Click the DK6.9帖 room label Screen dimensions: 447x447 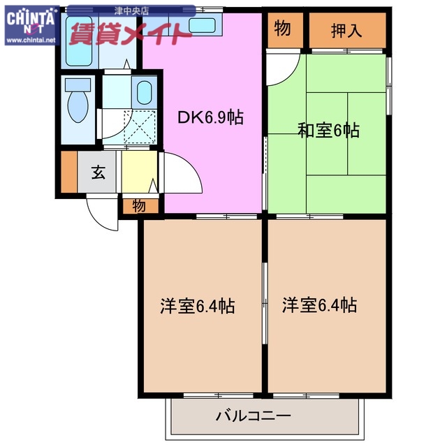[x=209, y=118]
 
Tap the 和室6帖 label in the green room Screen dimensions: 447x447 [x=328, y=130]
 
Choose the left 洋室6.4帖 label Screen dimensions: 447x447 [x=197, y=305]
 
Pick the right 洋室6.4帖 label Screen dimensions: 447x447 [x=320, y=305]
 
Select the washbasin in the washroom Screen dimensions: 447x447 [x=146, y=92]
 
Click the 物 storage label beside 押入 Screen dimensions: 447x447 [x=283, y=29]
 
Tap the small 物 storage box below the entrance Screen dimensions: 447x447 [x=138, y=205]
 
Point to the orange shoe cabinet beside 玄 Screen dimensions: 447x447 [x=68, y=172]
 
